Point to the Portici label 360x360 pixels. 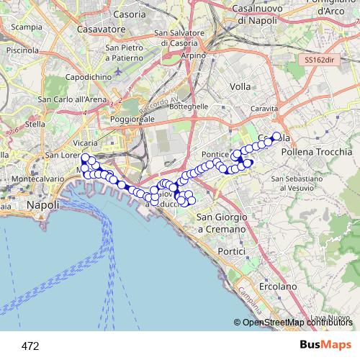point(232,251)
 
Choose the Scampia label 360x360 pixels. point(26,27)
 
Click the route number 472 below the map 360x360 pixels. point(30,346)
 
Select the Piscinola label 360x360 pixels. point(22,50)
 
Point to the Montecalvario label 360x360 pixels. point(34,178)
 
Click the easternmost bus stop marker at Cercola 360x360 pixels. point(276,135)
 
